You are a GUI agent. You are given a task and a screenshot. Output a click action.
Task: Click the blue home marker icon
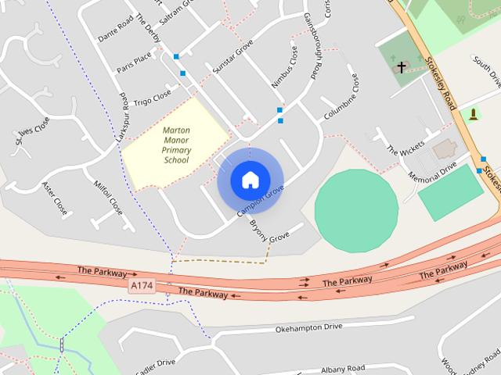(250, 180)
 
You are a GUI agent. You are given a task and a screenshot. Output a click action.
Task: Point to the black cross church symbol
(402, 67)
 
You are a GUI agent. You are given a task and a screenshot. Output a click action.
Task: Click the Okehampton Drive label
(309, 329)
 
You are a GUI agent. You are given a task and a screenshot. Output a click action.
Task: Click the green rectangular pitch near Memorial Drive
(450, 192)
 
